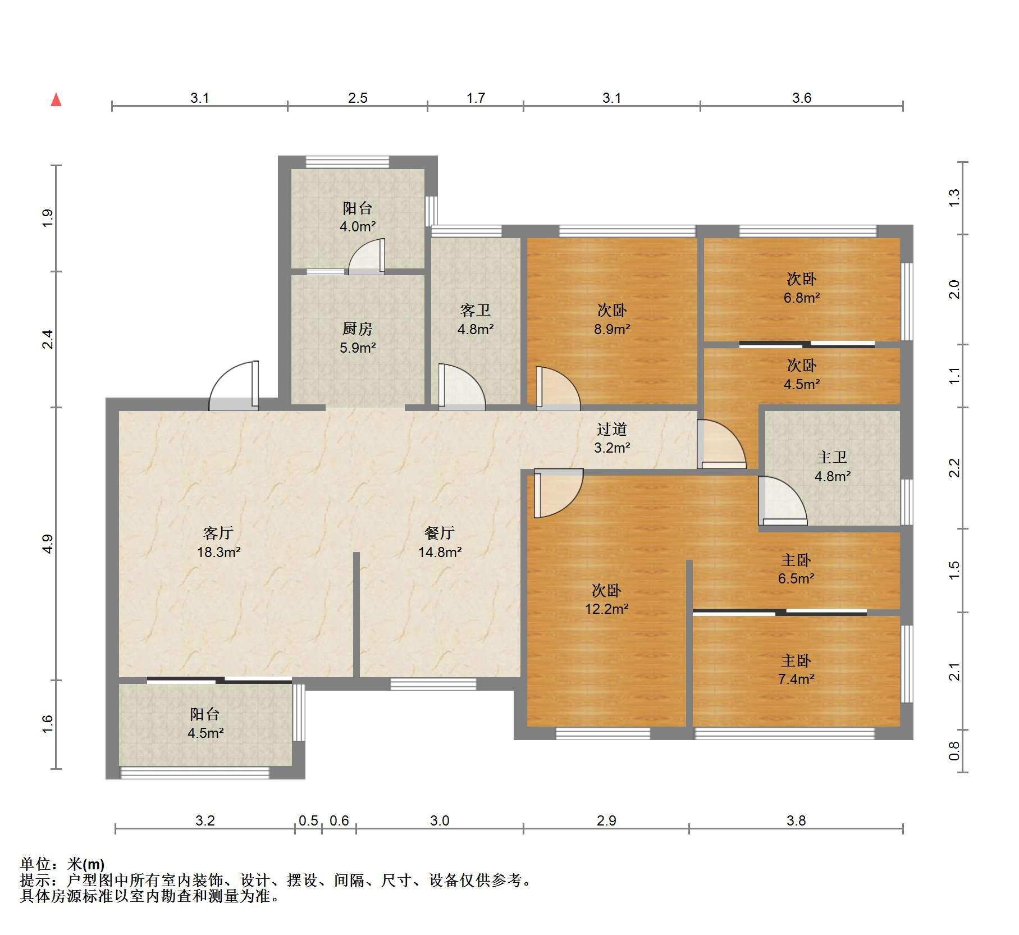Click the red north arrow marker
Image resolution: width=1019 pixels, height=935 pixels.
point(56,100)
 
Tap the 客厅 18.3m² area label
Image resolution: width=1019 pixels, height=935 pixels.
point(218,542)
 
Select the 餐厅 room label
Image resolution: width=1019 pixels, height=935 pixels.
point(440,532)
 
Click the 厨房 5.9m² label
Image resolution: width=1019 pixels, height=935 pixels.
point(358,338)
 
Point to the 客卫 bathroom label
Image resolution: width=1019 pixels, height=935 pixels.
point(476,310)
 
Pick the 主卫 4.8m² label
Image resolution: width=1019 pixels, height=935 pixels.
point(832,467)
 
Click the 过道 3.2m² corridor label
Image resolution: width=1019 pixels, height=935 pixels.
point(612,439)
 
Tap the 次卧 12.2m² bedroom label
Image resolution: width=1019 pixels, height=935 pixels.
point(606,599)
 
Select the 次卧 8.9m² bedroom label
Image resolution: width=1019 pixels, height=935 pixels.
point(612,320)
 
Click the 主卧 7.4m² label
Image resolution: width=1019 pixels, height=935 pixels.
point(796,669)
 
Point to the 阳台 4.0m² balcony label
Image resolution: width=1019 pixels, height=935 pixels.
point(358,217)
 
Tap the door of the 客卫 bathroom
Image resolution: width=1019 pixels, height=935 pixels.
point(461,387)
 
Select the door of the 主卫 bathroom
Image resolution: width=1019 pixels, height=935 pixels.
point(782,500)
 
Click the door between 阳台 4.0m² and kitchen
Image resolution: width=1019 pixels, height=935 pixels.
point(367,257)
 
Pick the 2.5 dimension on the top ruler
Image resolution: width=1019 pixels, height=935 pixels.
point(358,98)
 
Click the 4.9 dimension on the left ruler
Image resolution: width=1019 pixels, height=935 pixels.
point(48,544)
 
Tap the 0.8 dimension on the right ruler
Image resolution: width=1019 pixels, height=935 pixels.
point(954,751)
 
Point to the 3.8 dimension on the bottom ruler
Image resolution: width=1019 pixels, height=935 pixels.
point(796,820)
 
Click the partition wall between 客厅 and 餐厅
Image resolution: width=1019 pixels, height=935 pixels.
point(356,615)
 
